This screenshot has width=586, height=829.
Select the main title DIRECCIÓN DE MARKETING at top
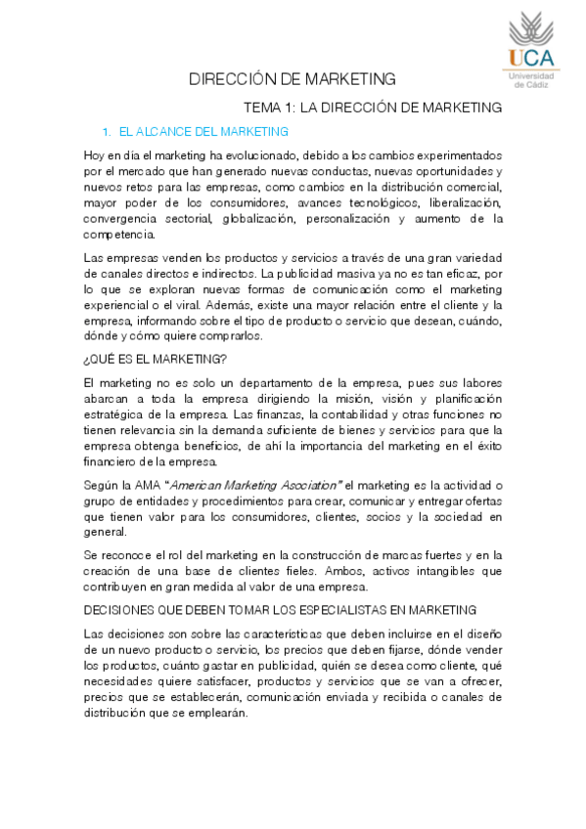click(x=293, y=79)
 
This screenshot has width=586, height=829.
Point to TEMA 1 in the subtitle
click(x=265, y=107)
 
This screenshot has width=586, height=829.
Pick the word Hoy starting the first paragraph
click(x=96, y=155)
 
